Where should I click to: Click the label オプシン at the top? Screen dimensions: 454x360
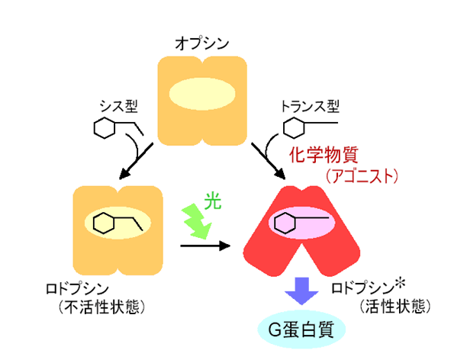(201, 43)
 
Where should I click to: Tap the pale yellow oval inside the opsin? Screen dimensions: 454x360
(202, 94)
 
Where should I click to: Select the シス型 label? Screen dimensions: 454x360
(118, 106)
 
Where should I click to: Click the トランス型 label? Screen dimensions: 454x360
(310, 106)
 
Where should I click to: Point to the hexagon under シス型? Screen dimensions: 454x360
(105, 127)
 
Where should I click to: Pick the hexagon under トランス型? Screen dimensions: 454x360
(294, 127)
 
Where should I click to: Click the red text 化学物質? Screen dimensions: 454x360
(324, 155)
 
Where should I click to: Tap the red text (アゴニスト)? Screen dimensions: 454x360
(362, 176)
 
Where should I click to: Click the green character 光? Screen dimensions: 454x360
(213, 201)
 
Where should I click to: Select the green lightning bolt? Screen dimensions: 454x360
(196, 221)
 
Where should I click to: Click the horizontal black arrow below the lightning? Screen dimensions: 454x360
(205, 246)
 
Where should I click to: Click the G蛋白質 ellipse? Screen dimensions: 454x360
(301, 329)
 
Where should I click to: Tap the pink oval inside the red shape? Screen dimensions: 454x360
(301, 223)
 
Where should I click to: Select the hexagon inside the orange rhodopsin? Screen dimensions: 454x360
(104, 223)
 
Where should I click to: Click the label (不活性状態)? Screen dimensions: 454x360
(101, 307)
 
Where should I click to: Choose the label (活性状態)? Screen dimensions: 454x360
(395, 306)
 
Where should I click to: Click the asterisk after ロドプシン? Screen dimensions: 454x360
(400, 284)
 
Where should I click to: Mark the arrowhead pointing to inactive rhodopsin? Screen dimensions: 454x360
(125, 174)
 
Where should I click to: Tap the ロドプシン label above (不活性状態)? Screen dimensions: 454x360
(77, 288)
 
